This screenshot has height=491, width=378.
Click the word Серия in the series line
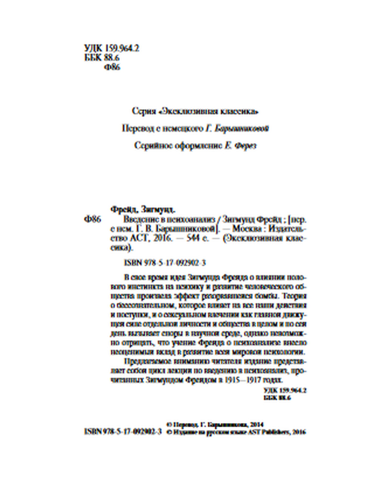click(144, 112)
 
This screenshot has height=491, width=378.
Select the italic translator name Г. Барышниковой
click(237, 129)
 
